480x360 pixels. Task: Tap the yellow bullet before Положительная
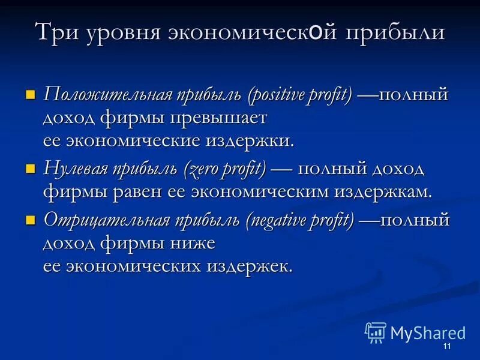pyautogui.click(x=31, y=94)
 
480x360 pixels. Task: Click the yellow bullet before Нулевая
pyautogui.click(x=31, y=169)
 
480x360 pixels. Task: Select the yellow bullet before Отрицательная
pyautogui.click(x=31, y=219)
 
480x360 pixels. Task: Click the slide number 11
pyautogui.click(x=446, y=348)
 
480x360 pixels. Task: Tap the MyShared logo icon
pyautogui.click(x=376, y=332)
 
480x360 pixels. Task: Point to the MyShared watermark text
pyautogui.click(x=428, y=333)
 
